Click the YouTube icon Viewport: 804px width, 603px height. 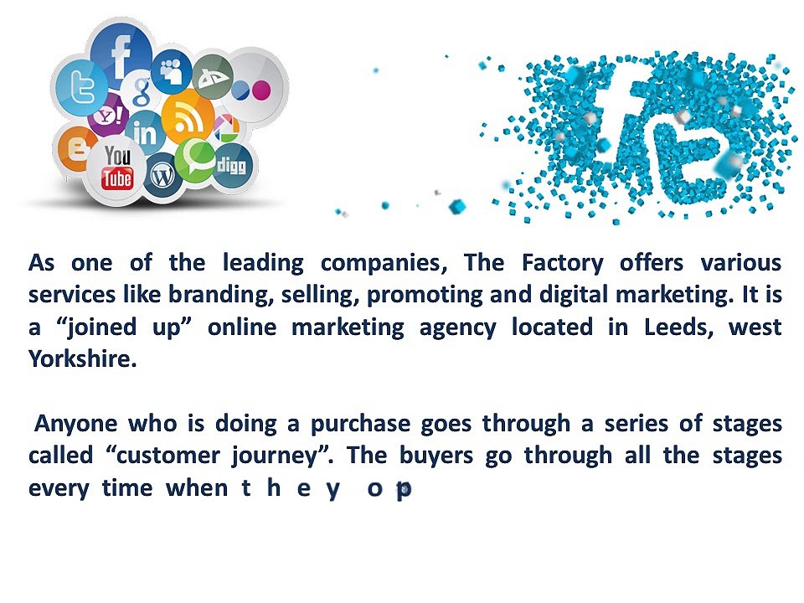(x=117, y=167)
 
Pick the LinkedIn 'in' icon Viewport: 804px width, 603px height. (x=144, y=132)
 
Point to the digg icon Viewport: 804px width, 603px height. (x=230, y=165)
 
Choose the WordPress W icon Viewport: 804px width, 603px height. (x=162, y=175)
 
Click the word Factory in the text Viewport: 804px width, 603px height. (x=562, y=263)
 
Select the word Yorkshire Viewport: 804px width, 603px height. (x=82, y=360)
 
